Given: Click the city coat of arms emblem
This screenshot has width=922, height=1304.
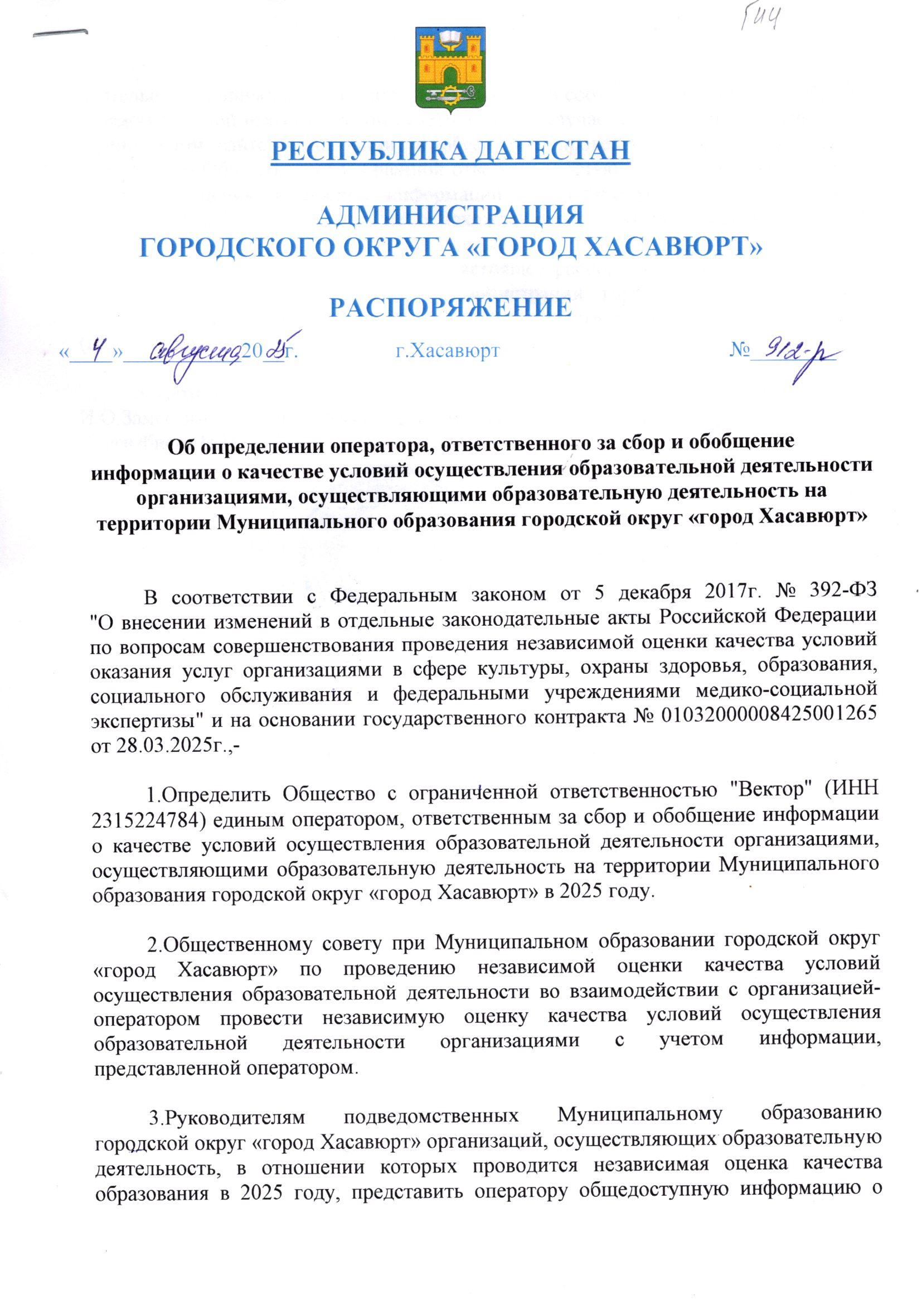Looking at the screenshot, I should (x=451, y=68).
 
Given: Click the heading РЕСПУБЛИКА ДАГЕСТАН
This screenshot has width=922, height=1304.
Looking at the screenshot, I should (x=451, y=151).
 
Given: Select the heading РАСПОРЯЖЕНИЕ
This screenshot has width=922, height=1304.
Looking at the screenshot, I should (x=451, y=307).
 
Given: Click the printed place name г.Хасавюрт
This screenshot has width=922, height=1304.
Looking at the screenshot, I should (x=448, y=351).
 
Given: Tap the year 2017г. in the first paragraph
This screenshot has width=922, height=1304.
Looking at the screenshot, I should (x=730, y=592).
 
